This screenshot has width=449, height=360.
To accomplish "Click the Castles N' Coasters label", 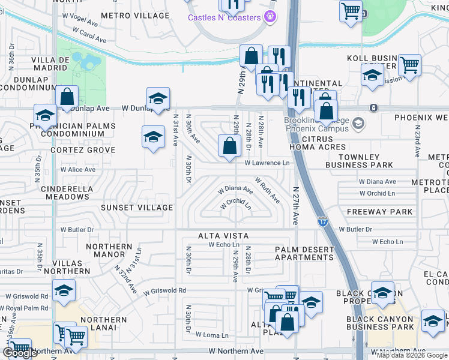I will [x=224, y=17].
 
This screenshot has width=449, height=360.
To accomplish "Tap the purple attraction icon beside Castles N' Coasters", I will [x=271, y=16].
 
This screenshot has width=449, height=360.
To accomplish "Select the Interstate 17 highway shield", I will [x=322, y=221].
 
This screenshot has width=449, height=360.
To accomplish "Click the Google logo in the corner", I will [x=20, y=352].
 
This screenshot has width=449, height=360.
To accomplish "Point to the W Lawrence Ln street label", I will [x=267, y=163].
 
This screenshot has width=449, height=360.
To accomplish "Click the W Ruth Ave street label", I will [x=267, y=189].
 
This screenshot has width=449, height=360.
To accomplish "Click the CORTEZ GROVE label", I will [x=82, y=150].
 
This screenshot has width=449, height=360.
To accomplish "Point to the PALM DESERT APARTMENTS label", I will [x=304, y=253].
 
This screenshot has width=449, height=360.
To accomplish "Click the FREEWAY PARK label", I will [x=379, y=212].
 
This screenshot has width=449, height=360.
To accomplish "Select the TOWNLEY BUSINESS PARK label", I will [x=359, y=160].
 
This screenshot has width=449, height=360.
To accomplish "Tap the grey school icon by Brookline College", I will [x=358, y=124].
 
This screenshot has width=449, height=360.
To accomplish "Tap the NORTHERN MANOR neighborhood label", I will [x=109, y=251].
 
